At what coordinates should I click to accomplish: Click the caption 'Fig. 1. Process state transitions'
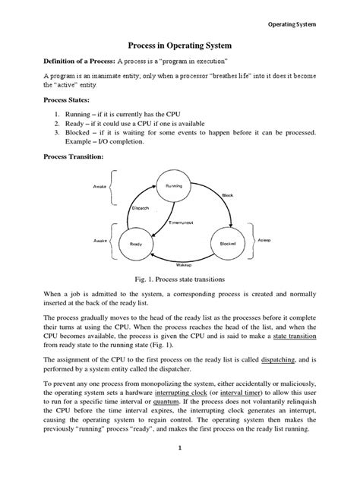[x=180, y=281]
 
